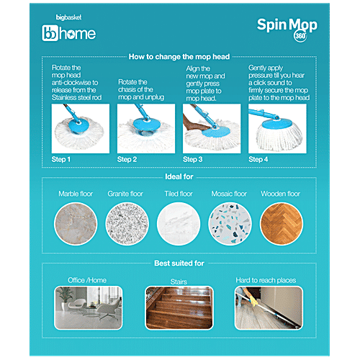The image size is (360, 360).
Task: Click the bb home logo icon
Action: pyautogui.click(x=50, y=33)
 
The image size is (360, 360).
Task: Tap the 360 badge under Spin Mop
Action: pyautogui.click(x=300, y=36)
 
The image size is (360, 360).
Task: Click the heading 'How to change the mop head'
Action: pyautogui.click(x=179, y=57)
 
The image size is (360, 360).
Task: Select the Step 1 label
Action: pyautogui.click(x=61, y=159)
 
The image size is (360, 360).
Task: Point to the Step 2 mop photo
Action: pyautogui.click(x=146, y=128)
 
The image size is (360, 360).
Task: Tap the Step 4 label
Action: pyautogui.click(x=258, y=159)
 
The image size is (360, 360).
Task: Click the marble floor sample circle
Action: pyautogui.click(x=76, y=224)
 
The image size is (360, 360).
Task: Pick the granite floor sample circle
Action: pyautogui.click(x=127, y=224)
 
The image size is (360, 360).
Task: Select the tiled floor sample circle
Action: pyautogui.click(x=179, y=224)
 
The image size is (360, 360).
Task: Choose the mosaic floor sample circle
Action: pyautogui.click(x=230, y=224)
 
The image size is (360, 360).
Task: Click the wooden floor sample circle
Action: pyautogui.click(x=282, y=224)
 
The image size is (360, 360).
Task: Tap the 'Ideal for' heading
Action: pyautogui.click(x=179, y=176)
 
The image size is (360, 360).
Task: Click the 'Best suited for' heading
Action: pyautogui.click(x=179, y=264)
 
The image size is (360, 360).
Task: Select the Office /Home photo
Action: pyautogui.click(x=89, y=307)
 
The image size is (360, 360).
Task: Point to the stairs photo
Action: pyautogui.click(x=179, y=307)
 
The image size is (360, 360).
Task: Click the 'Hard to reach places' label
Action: pyautogui.click(x=266, y=280)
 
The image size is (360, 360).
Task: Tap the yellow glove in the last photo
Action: pyautogui.click(x=251, y=297)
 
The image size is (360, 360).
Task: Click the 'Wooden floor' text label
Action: pyautogui.click(x=281, y=194)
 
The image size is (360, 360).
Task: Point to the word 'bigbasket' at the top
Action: pyautogui.click(x=68, y=17)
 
